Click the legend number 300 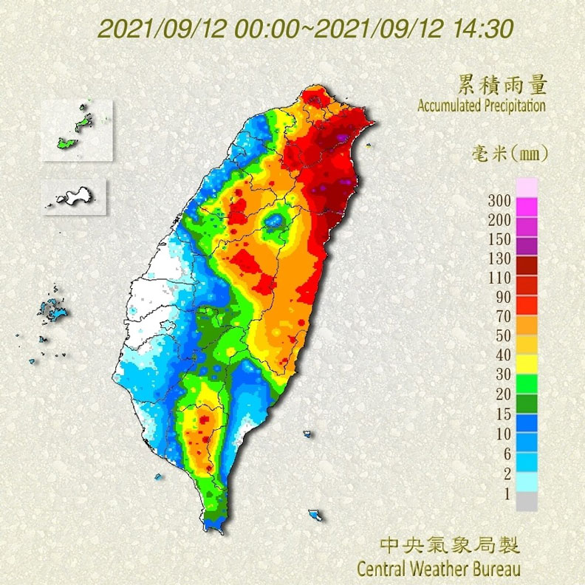[x=500, y=201]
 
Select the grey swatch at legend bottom [x=527, y=502]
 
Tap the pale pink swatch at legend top [x=527, y=187]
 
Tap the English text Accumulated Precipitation [x=482, y=106]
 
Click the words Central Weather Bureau [x=439, y=569]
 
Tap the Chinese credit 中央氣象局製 [x=449, y=547]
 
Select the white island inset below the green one [x=74, y=196]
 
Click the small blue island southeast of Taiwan [x=317, y=515]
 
